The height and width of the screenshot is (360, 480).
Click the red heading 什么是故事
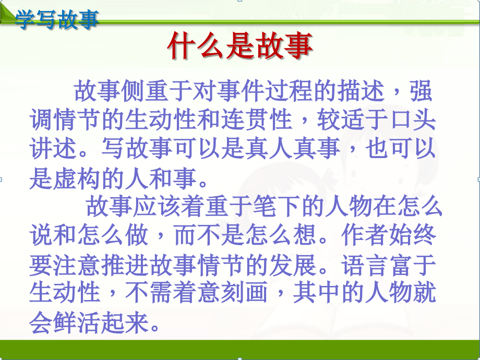tap(239, 46)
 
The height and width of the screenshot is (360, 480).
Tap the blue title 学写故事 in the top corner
tap(57, 20)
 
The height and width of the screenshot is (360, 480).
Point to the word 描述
tap(362, 93)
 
